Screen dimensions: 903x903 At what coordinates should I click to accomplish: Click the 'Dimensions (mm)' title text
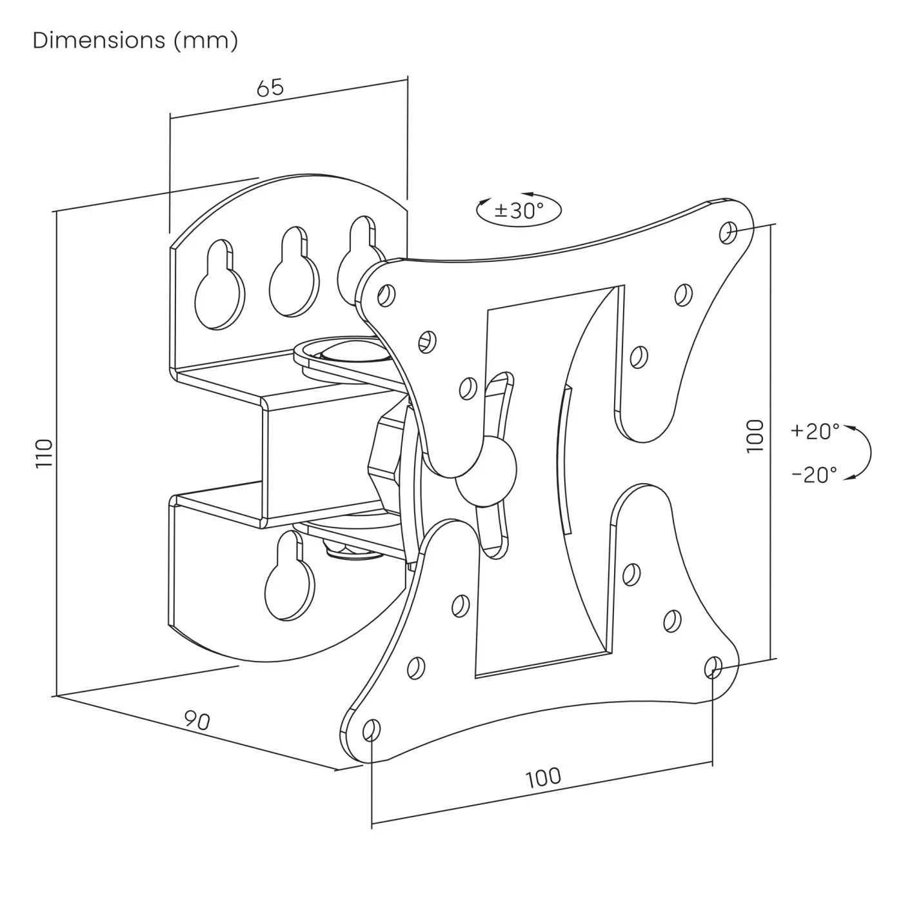(x=135, y=41)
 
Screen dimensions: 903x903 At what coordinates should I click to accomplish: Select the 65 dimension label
(x=270, y=87)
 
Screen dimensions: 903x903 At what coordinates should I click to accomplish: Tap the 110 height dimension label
(x=43, y=453)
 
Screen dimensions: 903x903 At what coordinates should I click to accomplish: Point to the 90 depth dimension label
(x=197, y=720)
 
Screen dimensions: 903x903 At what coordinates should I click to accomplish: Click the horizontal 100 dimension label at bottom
(x=543, y=777)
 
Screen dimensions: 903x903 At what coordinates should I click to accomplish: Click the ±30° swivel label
(x=519, y=210)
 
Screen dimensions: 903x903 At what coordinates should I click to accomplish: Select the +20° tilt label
(x=815, y=431)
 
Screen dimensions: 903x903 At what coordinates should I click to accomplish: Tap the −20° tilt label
(x=815, y=475)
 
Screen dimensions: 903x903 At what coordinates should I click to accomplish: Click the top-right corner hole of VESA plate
(x=729, y=232)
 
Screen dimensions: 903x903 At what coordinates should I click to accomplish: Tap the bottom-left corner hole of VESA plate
(x=372, y=729)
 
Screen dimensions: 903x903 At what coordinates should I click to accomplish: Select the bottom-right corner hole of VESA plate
(x=713, y=666)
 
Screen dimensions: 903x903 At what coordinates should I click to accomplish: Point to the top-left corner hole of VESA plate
(x=387, y=295)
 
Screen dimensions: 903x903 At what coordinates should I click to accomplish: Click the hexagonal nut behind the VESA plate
(x=384, y=458)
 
